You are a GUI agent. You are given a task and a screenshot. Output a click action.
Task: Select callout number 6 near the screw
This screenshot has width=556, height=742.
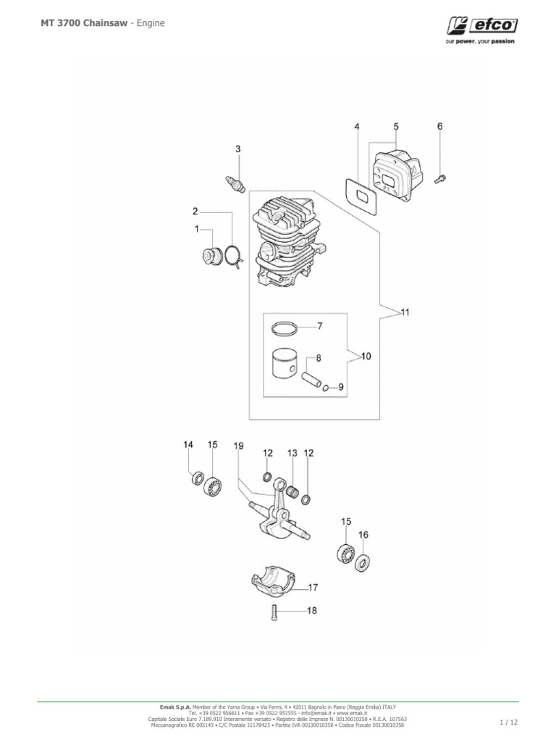pyautogui.click(x=439, y=126)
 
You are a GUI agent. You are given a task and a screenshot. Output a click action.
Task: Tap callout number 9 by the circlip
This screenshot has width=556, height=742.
pyautogui.click(x=341, y=388)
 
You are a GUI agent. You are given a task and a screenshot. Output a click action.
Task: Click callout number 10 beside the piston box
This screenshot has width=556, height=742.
pyautogui.click(x=366, y=357)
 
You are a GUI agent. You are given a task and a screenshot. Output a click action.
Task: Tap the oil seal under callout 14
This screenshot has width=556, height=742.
pyautogui.click(x=195, y=480)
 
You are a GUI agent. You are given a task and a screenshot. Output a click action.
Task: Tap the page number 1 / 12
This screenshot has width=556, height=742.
pyautogui.click(x=509, y=722)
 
